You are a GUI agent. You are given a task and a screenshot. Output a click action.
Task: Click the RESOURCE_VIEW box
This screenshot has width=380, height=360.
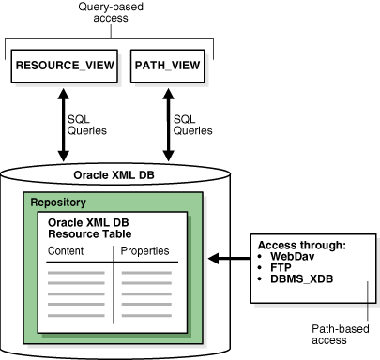(x=62, y=67)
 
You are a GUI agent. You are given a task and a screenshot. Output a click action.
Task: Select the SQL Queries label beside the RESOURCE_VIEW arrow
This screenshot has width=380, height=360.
(x=88, y=125)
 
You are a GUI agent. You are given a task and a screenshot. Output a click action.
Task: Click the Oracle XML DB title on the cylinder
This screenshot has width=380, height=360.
(x=111, y=175)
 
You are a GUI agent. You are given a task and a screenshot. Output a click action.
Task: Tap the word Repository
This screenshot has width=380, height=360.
(x=58, y=202)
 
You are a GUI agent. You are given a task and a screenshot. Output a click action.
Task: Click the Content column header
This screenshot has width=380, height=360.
(x=65, y=251)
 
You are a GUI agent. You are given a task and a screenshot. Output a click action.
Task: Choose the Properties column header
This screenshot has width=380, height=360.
(x=145, y=251)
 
